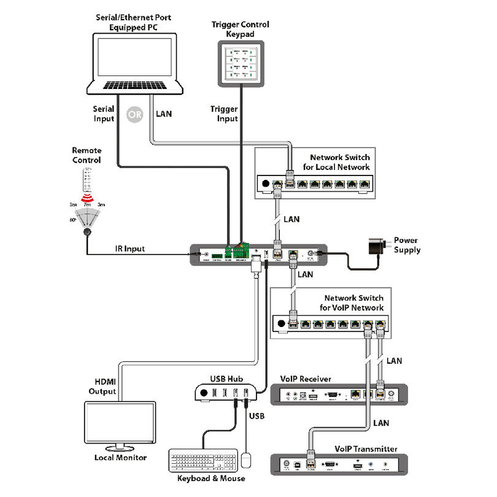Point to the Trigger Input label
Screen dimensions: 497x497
[224, 114]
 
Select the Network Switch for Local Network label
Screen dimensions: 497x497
[339, 163]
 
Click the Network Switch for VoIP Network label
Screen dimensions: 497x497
[354, 304]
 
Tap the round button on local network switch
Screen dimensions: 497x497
[265, 183]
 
